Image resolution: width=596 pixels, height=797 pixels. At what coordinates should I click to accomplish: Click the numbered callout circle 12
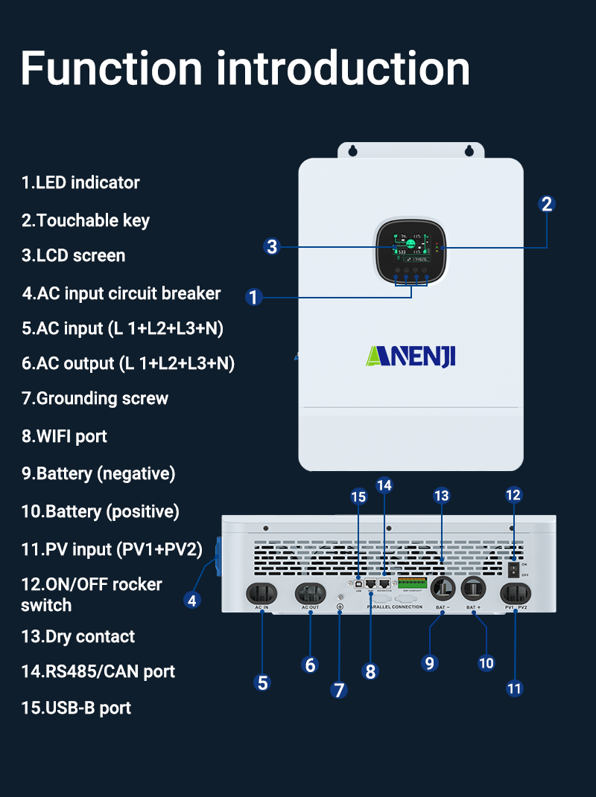[513, 495]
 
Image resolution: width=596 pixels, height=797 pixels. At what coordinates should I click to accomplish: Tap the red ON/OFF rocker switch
[513, 569]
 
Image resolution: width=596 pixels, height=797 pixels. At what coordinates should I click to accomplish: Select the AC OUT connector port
[310, 593]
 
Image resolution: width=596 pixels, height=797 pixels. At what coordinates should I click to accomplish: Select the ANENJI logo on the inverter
[410, 356]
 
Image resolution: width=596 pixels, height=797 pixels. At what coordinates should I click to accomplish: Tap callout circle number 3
[272, 247]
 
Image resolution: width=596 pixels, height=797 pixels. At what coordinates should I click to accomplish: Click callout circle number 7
[339, 690]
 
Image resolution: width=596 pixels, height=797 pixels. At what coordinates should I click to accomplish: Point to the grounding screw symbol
[340, 607]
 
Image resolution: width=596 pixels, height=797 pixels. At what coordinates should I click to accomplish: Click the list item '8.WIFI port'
[64, 436]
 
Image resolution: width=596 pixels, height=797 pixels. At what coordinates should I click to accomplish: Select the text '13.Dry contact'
[78, 636]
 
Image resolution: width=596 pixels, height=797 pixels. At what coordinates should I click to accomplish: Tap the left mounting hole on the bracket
[352, 151]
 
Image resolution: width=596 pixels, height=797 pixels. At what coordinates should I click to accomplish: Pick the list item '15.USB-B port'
[76, 707]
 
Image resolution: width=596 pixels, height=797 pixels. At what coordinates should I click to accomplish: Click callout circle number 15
[358, 496]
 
